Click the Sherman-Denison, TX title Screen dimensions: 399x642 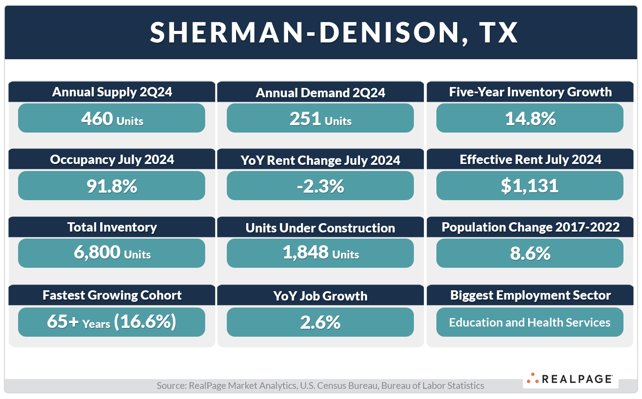334,32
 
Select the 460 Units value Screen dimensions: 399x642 112,119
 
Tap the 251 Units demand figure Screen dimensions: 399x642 320,119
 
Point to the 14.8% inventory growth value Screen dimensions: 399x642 530,119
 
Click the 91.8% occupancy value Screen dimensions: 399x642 112,186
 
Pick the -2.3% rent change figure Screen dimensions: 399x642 320,186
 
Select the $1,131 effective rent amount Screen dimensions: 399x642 530,186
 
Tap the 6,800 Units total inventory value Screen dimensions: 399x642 112,253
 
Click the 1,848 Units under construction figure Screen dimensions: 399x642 320,253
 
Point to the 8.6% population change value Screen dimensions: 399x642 530,254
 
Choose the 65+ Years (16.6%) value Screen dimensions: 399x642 112,322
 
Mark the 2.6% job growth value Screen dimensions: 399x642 320,323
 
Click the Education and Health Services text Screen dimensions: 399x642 530,323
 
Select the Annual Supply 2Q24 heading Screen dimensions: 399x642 112,92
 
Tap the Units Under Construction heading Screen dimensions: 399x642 320,228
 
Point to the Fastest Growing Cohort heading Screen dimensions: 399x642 112,295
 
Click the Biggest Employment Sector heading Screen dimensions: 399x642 530,295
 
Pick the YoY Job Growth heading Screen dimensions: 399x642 320,296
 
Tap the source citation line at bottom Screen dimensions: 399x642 320,386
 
